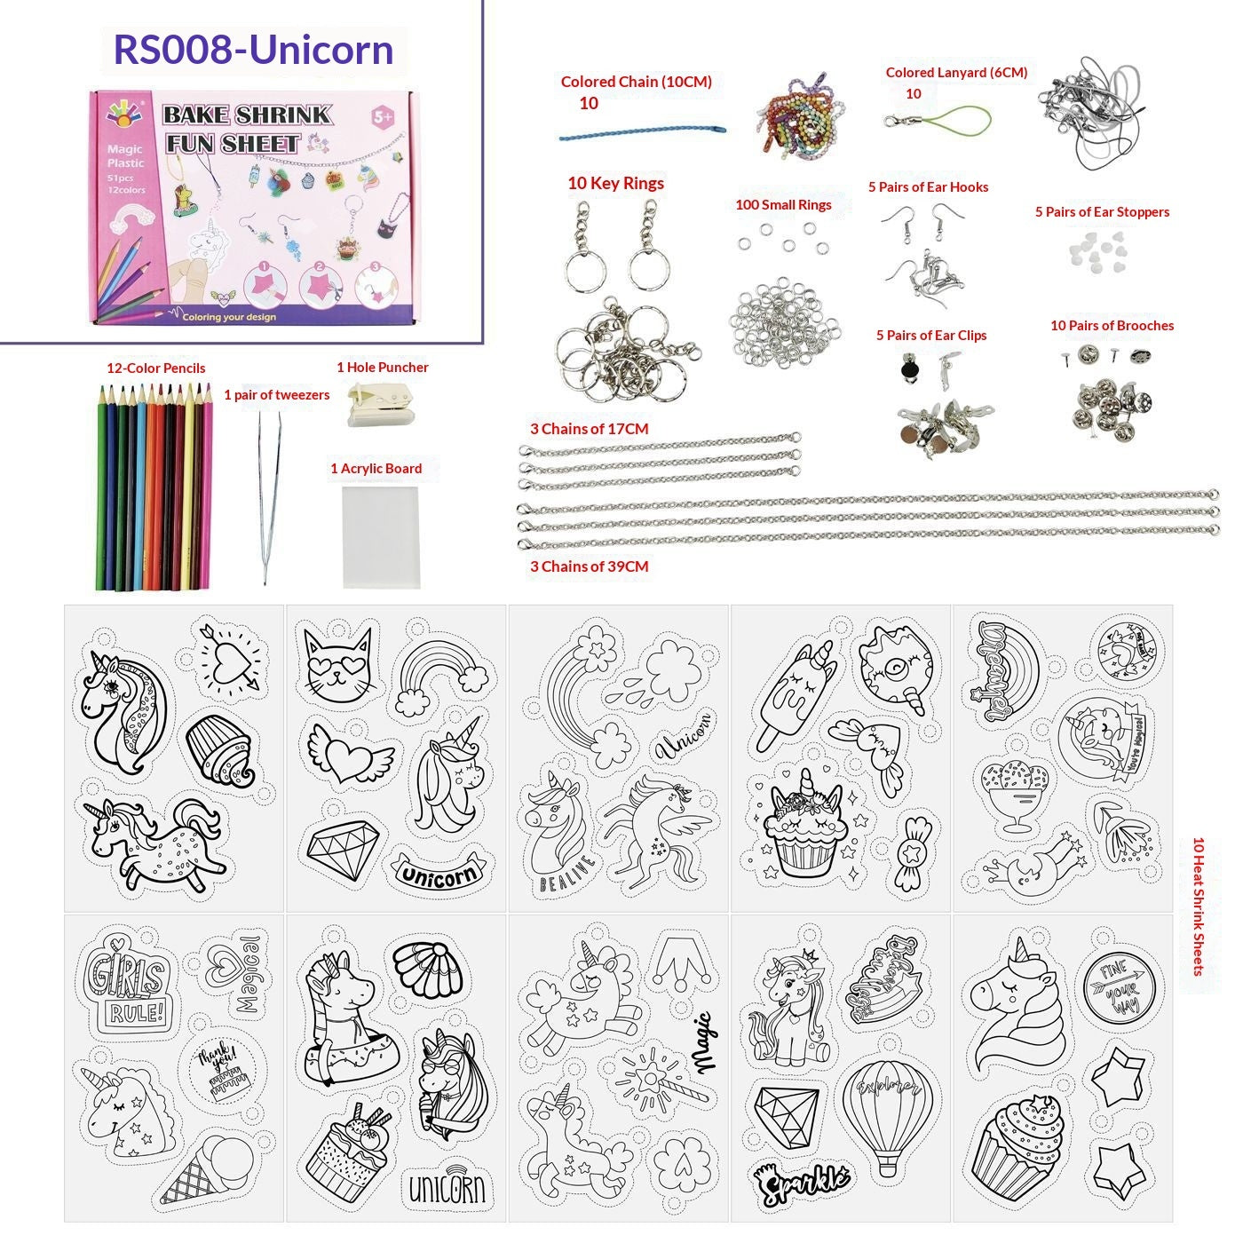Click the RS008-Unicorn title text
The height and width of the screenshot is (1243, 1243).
(253, 49)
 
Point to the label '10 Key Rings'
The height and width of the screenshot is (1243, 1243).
(615, 184)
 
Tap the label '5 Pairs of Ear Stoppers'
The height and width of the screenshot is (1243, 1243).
(1101, 212)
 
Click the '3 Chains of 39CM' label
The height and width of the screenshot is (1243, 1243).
(589, 566)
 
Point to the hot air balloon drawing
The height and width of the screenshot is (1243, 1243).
(885, 1112)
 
